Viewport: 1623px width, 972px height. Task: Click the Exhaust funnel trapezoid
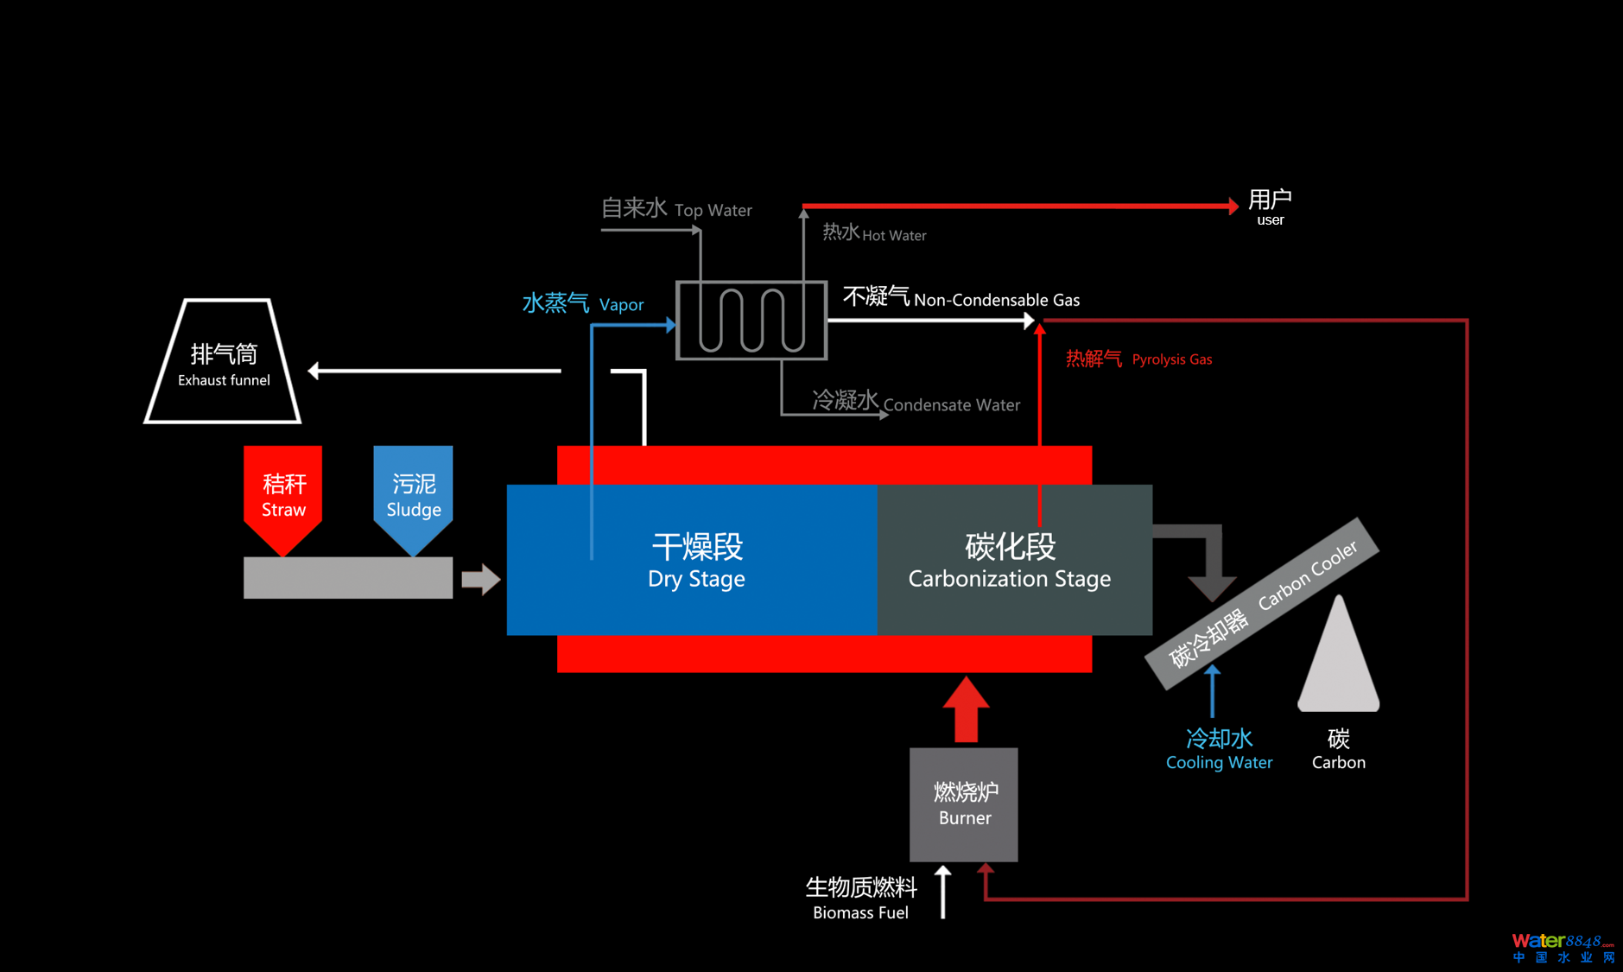coord(223,363)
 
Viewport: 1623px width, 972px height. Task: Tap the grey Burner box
coord(964,804)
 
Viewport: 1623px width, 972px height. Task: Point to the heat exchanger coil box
coord(751,321)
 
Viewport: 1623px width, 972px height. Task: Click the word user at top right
coord(1270,220)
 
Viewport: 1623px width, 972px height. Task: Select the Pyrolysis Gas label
coord(1138,359)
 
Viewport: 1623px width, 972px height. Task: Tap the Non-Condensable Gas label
coord(961,299)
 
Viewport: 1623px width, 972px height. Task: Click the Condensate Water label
coord(916,403)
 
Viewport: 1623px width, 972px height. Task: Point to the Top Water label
coord(676,209)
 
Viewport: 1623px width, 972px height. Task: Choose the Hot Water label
coord(874,233)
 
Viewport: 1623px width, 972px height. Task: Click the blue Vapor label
coord(583,304)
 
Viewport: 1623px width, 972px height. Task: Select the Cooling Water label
coord(1219,749)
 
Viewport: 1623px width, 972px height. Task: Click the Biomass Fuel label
coord(861,899)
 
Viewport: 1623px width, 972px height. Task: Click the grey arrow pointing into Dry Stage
coord(480,579)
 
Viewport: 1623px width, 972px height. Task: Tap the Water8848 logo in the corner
coord(1563,947)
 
